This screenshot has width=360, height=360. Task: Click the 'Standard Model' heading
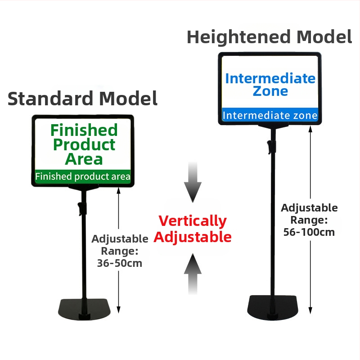[83, 98]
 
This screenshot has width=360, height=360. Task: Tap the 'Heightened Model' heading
[269, 37]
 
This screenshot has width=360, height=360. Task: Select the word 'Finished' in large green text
[84, 130]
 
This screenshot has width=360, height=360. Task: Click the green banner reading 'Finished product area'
[83, 176]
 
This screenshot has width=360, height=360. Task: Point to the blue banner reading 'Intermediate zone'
[270, 115]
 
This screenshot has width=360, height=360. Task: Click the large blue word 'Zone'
[270, 91]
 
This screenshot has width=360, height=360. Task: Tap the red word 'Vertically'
[193, 221]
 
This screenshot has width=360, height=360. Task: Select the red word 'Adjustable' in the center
[193, 237]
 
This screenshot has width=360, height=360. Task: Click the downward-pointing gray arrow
[193, 182]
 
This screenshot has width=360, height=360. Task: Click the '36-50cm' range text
[120, 263]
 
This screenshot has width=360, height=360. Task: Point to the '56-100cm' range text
[309, 232]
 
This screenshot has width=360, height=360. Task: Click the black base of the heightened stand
[272, 308]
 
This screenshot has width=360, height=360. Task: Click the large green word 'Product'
[84, 144]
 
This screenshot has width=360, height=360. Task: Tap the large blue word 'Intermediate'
[270, 78]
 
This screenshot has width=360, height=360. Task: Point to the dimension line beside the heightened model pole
[310, 171]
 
